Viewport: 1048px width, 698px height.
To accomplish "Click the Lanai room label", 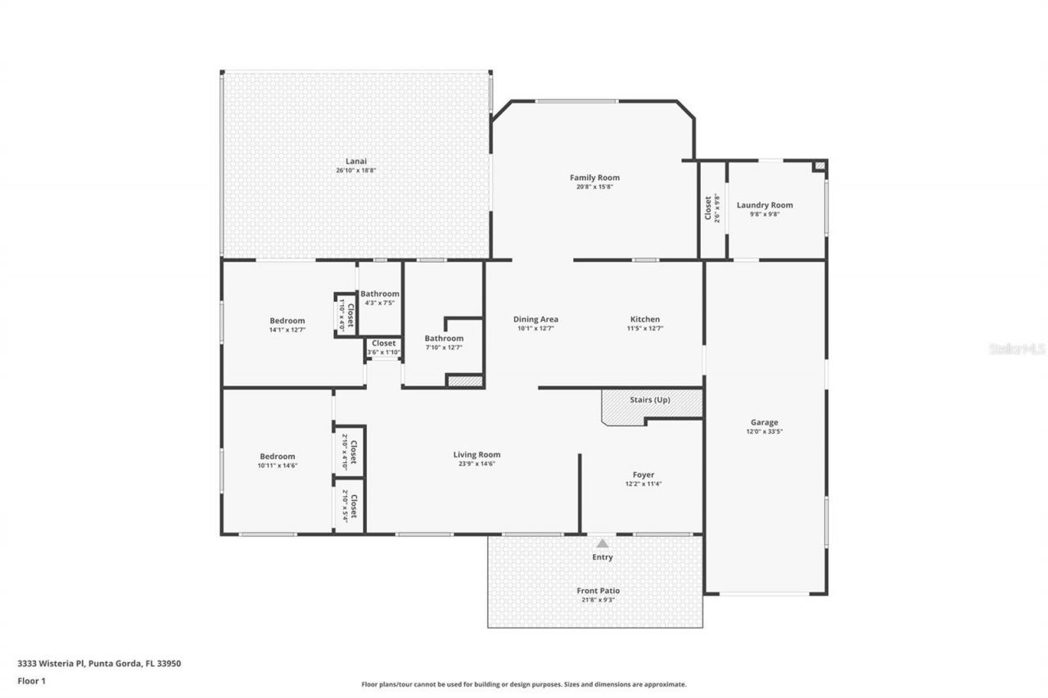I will tap(355, 161).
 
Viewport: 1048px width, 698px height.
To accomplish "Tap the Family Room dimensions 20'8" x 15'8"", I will tap(594, 187).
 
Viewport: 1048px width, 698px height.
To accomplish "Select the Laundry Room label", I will tap(765, 205).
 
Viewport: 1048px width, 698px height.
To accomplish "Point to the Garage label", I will tap(764, 422).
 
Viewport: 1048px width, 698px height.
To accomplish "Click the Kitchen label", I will tap(644, 319).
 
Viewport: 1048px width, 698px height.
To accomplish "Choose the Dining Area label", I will tap(535, 319).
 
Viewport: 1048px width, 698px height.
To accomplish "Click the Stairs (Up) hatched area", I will tap(652, 404).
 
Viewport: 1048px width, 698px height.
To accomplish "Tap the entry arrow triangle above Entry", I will tap(603, 543).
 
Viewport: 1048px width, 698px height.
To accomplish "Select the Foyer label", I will tap(643, 475).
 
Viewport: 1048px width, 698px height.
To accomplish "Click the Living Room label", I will tap(477, 455).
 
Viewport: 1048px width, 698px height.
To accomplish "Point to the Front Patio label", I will tap(598, 591).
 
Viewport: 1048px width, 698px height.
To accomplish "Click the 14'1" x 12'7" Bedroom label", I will tap(287, 321).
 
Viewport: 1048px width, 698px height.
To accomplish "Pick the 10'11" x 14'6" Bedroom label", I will tap(277, 457).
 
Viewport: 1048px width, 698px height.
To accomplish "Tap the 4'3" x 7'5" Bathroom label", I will tap(380, 294).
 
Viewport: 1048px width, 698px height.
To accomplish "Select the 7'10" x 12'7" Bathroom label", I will tap(444, 339).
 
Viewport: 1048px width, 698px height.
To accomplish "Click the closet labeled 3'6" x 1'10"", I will tap(383, 344).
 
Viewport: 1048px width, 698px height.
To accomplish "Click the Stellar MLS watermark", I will tap(1017, 349).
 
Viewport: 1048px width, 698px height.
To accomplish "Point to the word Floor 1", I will tap(32, 680).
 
